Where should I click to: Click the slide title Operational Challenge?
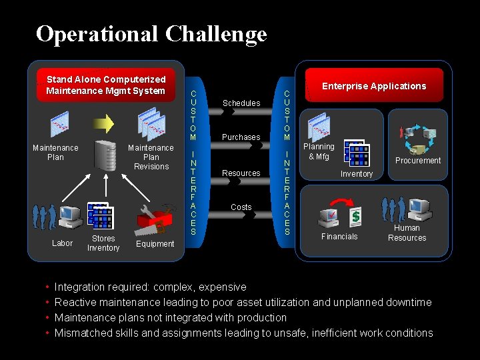[x=151, y=33]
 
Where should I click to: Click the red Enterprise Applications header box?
[x=373, y=86]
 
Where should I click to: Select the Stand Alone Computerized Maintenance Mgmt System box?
[x=106, y=85]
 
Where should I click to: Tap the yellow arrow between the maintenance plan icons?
[x=104, y=123]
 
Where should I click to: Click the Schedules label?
[x=241, y=103]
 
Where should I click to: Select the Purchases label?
[x=241, y=137]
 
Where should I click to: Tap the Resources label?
[x=241, y=173]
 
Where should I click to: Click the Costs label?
[x=241, y=207]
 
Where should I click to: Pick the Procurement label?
[x=418, y=161]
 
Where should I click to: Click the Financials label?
[x=339, y=237]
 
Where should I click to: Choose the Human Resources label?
[x=407, y=233]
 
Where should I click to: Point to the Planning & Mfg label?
[x=319, y=151]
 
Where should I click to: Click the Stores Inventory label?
[x=103, y=243]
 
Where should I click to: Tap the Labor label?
[x=62, y=243]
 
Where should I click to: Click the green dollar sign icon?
[x=356, y=216]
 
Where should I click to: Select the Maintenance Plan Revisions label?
[x=151, y=157]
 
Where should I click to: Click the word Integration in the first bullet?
[x=80, y=287]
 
